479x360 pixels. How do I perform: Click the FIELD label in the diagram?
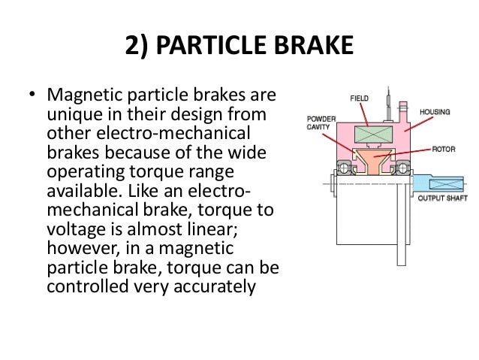pos(360,98)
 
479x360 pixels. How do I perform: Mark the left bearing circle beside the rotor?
pos(346,167)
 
